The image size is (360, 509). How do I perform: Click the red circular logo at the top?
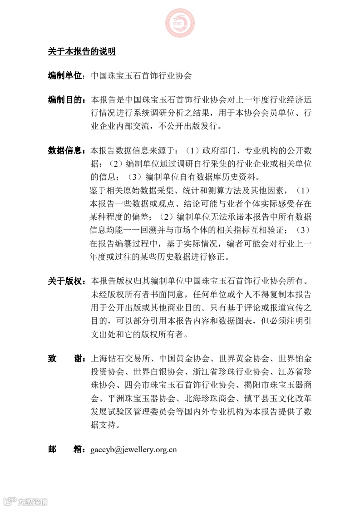[180, 23]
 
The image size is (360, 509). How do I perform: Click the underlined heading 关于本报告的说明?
[82, 52]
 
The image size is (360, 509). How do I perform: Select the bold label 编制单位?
[64, 75]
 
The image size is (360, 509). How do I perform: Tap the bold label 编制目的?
[64, 99]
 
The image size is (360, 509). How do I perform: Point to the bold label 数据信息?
[64, 150]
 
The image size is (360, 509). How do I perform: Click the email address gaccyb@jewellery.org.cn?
[134, 450]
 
